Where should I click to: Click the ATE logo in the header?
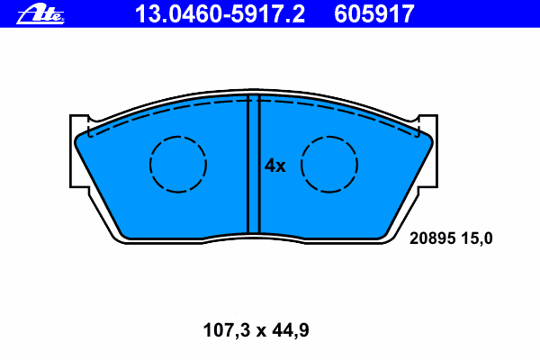[40, 13]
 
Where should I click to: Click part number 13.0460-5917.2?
[220, 13]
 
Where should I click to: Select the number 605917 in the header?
[374, 13]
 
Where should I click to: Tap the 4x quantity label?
[274, 166]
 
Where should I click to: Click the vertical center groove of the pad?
[254, 165]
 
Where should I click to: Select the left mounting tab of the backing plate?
[79, 151]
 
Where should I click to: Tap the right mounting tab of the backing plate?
[428, 151]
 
